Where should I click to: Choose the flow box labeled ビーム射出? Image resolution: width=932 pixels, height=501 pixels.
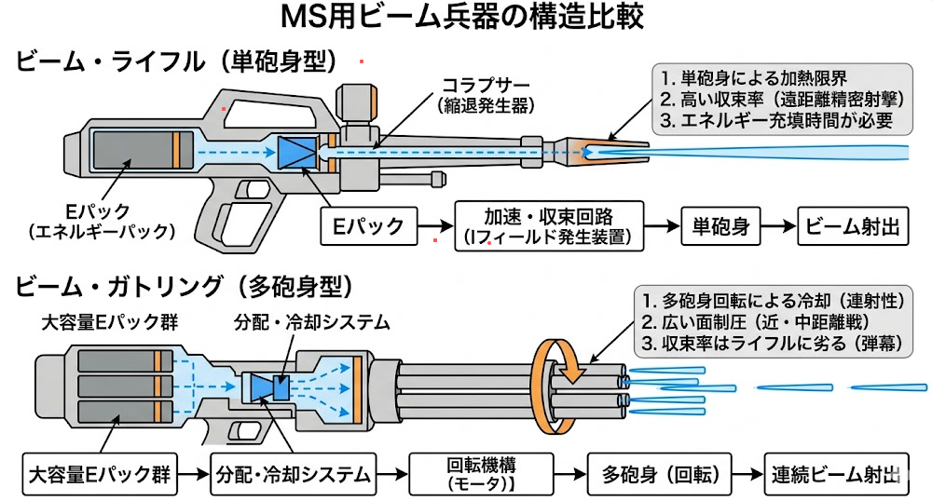(x=853, y=225)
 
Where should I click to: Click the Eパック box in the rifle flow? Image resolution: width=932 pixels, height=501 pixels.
(x=366, y=225)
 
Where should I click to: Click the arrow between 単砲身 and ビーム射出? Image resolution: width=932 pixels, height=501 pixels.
(x=780, y=225)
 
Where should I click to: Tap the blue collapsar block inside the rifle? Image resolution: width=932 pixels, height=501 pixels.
(x=297, y=153)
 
